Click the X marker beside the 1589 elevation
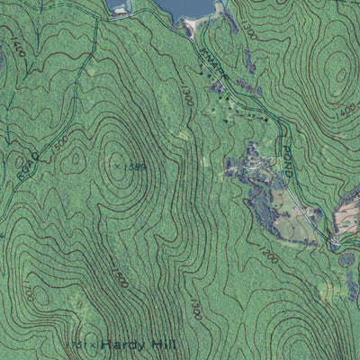116,165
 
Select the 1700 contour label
28,293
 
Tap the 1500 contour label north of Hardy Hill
120,278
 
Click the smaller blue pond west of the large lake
119,6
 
